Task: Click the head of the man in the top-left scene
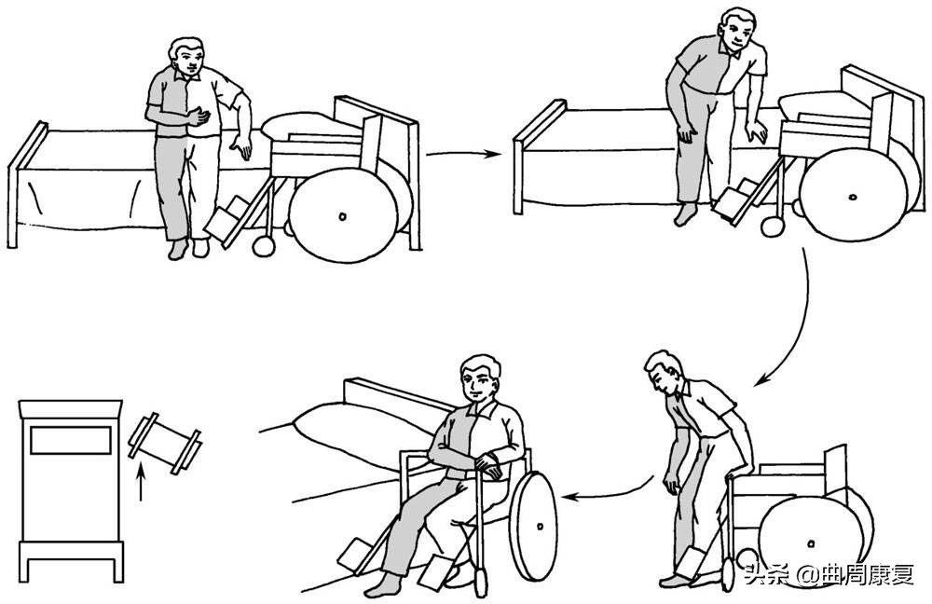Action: (x=186, y=59)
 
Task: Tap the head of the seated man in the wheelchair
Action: (x=480, y=380)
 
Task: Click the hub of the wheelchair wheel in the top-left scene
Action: (x=342, y=217)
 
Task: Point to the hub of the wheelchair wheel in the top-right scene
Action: (x=854, y=197)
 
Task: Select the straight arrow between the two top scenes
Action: (x=463, y=155)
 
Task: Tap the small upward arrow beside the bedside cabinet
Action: (x=141, y=483)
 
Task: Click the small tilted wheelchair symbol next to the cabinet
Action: (x=165, y=444)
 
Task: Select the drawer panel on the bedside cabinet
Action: (x=71, y=440)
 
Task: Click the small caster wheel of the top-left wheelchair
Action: (x=264, y=246)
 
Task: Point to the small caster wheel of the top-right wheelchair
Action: (x=772, y=226)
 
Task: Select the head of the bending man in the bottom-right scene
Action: (x=663, y=372)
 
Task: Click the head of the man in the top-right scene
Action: (x=737, y=31)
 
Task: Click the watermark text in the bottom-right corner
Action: (x=829, y=575)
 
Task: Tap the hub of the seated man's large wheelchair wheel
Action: (x=540, y=527)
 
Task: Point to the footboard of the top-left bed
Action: (x=27, y=185)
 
